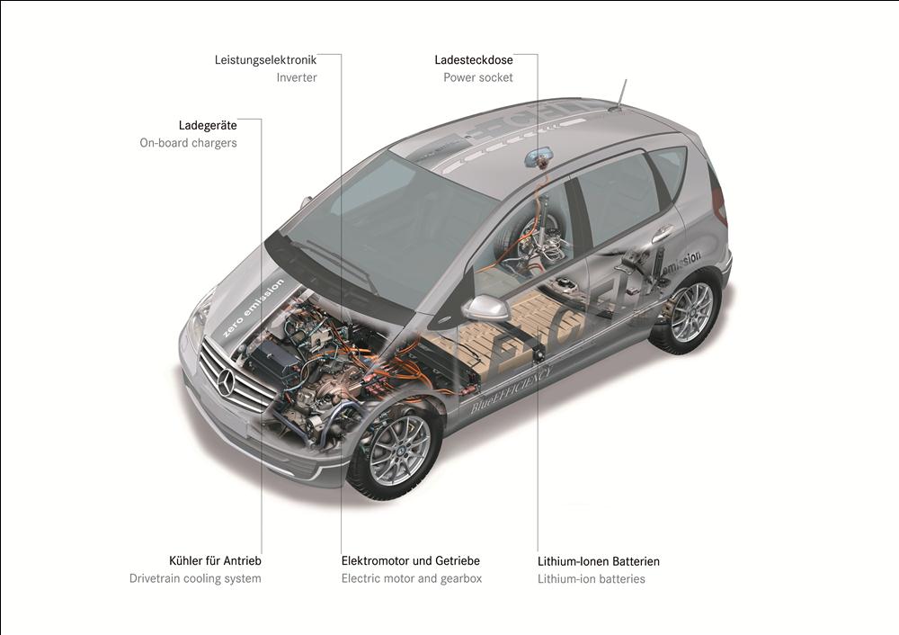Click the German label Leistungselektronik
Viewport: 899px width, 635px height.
(x=265, y=59)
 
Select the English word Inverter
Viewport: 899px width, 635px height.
(x=297, y=77)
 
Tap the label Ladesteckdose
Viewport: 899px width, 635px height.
(x=474, y=59)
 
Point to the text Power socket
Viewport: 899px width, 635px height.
(x=478, y=77)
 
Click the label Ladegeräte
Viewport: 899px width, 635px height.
(x=208, y=125)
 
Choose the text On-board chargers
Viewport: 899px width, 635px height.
(x=188, y=143)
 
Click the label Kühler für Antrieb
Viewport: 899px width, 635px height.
(x=215, y=560)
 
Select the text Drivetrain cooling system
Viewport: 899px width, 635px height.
(x=195, y=578)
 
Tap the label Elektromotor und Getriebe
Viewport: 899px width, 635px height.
(x=411, y=560)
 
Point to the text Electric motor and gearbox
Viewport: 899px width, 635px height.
(x=412, y=578)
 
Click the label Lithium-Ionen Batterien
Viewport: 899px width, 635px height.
(x=599, y=561)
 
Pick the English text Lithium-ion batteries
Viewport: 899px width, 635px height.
(x=592, y=578)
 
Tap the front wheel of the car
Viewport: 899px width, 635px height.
(x=395, y=448)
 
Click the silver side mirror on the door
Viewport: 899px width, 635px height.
(x=485, y=308)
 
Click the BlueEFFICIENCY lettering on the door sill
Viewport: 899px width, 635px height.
(x=512, y=389)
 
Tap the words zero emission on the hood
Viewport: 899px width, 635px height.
(x=253, y=308)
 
